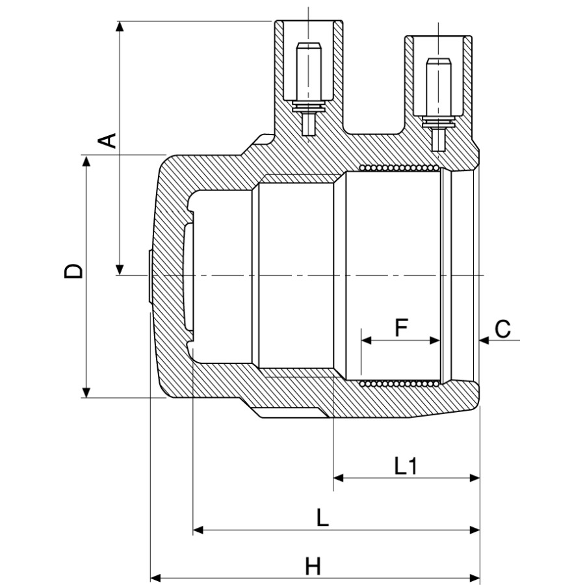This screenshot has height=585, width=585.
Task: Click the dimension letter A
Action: (x=108, y=140)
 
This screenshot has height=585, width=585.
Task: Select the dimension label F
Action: (x=401, y=328)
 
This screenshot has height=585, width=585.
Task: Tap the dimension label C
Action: (x=502, y=329)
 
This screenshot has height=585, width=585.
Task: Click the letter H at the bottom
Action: (x=313, y=566)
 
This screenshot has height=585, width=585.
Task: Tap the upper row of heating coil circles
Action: (x=400, y=168)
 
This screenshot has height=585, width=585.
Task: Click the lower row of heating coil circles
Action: (x=400, y=384)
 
